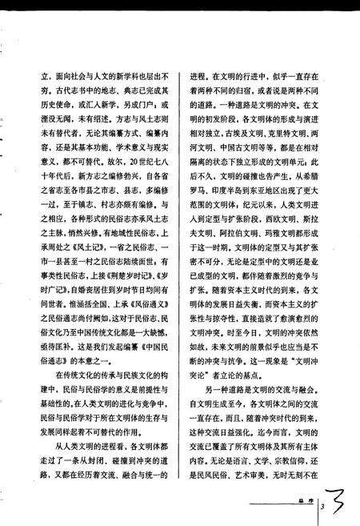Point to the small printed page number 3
coord(320,507)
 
